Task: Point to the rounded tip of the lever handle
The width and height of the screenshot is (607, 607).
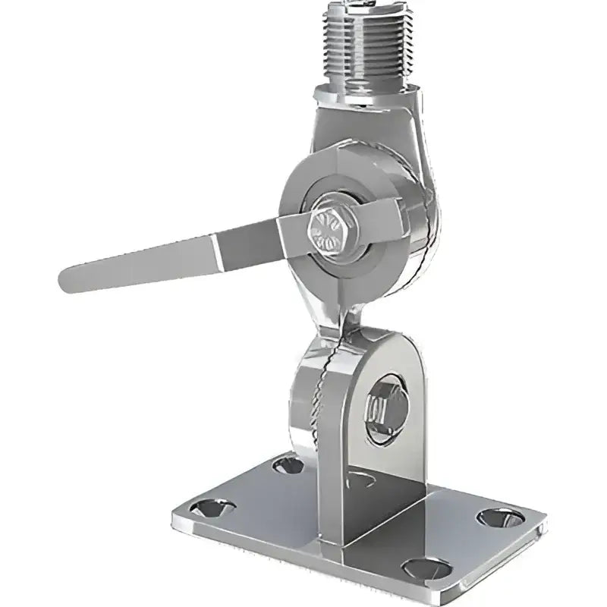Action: pyautogui.click(x=67, y=280)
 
